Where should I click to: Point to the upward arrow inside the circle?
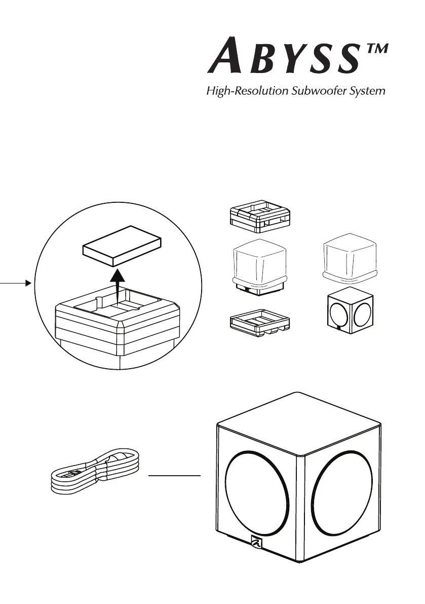coord(118,289)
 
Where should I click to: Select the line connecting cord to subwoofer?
coord(175,476)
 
